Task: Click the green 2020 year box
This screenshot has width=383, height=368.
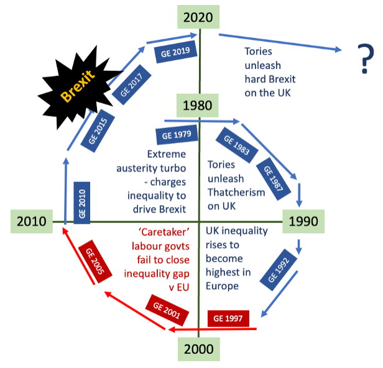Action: click(198, 17)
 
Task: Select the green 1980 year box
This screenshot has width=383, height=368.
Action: click(198, 106)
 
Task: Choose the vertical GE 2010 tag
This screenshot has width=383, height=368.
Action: click(81, 202)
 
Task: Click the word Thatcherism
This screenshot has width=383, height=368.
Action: click(235, 192)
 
